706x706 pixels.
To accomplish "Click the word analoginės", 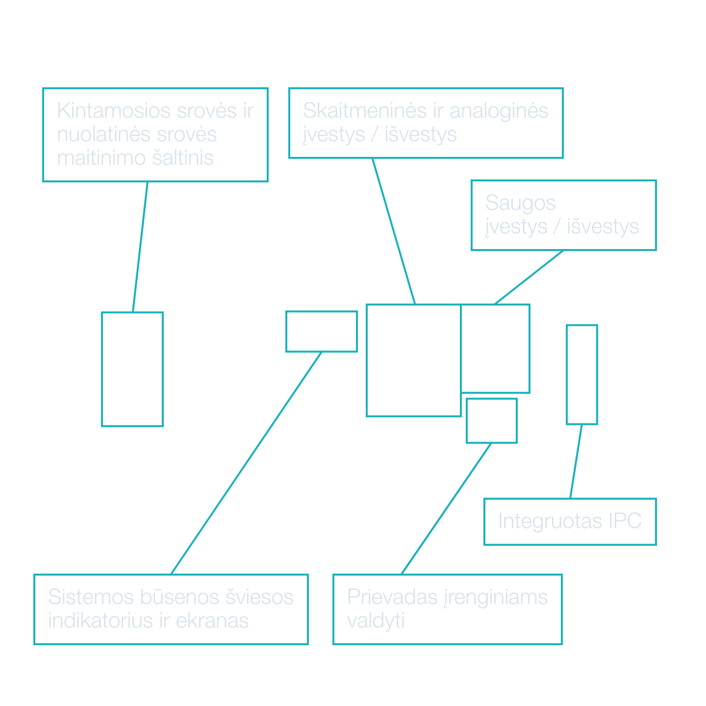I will coord(499,111).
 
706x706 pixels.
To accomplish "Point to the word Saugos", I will coord(520,203).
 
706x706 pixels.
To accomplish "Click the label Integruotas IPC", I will coord(570,521).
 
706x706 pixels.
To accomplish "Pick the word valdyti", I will coord(376,621).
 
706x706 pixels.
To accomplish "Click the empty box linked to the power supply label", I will coord(132,369).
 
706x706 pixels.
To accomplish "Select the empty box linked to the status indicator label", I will coord(322,331).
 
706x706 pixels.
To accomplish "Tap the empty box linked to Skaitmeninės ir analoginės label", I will coord(413,360).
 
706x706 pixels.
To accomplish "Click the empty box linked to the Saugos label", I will coord(496,349).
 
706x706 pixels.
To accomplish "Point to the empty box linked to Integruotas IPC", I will coord(582,375).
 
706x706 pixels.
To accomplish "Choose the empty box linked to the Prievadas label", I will coord(492,421).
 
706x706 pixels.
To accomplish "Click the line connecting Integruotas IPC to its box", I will coord(576,461).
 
